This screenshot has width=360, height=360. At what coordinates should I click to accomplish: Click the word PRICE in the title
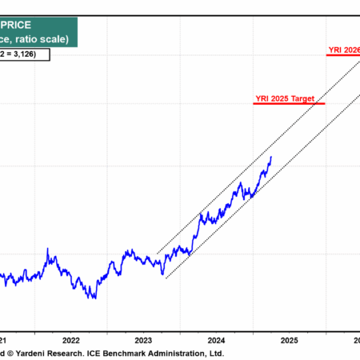tap(44, 25)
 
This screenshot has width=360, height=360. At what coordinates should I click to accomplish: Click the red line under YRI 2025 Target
tap(288, 104)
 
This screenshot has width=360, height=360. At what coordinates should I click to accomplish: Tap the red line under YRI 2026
tap(344, 56)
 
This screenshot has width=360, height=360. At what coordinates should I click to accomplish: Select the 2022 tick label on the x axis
tap(70, 339)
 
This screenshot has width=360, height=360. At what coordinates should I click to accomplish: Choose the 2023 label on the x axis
tap(143, 339)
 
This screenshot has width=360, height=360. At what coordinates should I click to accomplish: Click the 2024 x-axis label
tap(216, 339)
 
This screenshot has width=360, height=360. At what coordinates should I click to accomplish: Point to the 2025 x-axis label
tap(289, 339)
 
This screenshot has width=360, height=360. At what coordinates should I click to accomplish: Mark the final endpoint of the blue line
tap(271, 156)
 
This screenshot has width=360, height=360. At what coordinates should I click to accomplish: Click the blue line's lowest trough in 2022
tap(94, 298)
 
